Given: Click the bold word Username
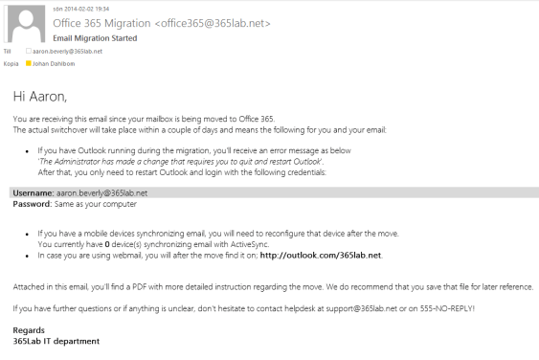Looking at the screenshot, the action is tap(32, 192).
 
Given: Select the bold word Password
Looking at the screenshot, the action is tap(31, 204).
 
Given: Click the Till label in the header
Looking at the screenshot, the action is tap(9, 51).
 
